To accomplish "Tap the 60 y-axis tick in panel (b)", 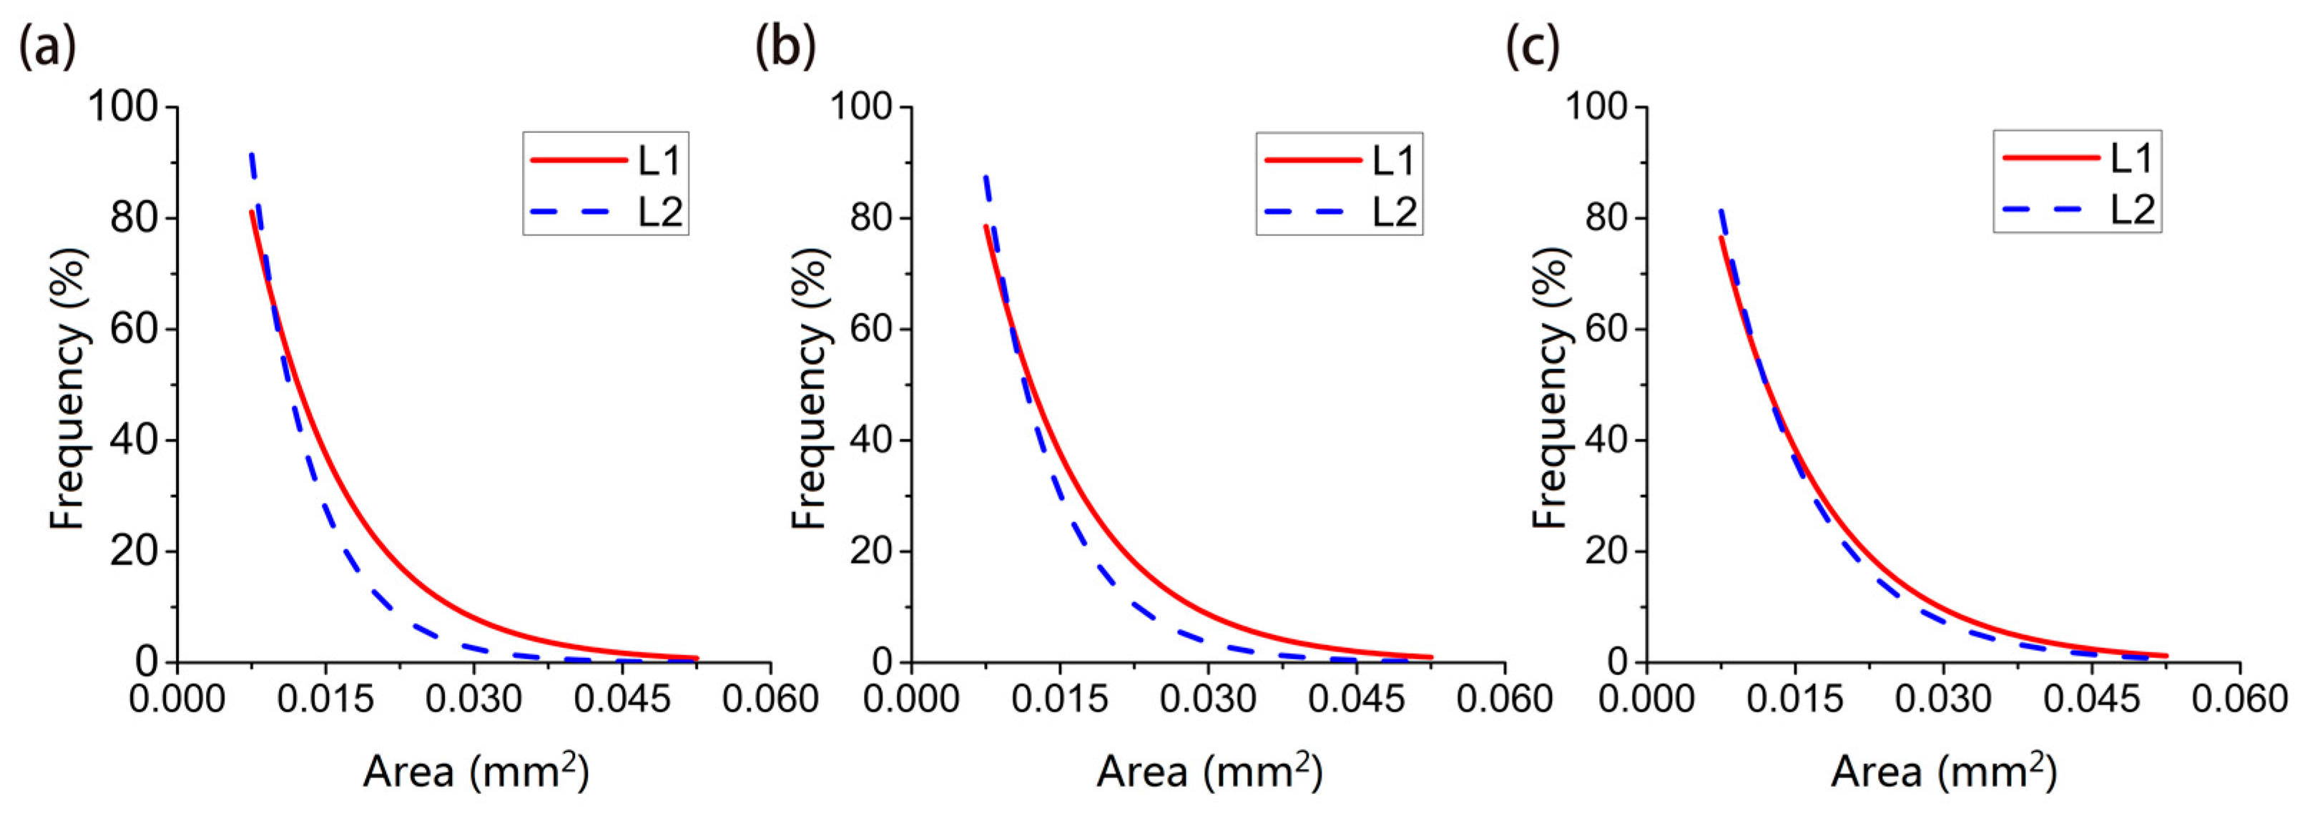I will (x=870, y=329).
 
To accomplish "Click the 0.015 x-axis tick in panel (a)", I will (x=325, y=699).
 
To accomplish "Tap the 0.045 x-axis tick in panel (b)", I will (x=1357, y=699).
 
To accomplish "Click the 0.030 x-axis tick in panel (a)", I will (x=474, y=699).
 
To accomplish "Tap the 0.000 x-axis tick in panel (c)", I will (x=1646, y=699).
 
